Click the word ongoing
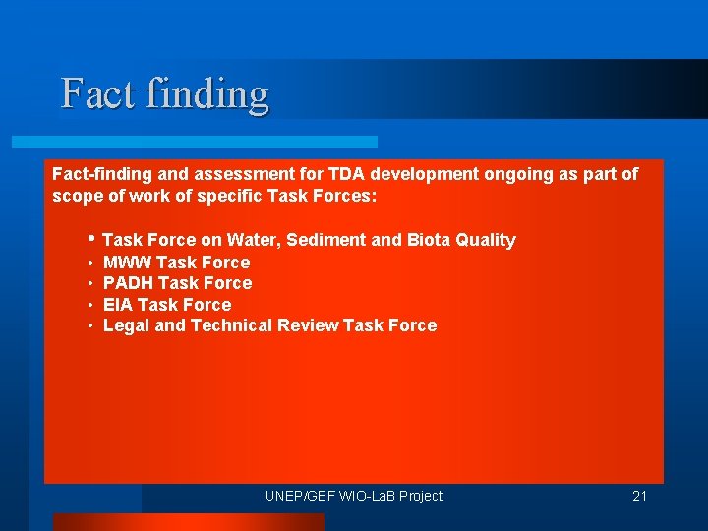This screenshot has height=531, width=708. point(481,174)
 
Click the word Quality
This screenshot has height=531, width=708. point(487,240)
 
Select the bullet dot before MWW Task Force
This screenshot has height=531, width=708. point(89,263)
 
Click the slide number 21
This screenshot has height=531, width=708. point(639,496)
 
